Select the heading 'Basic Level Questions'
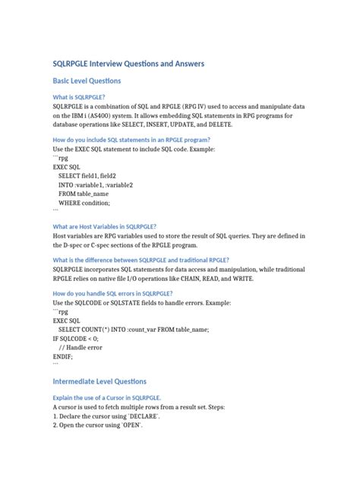click(x=87, y=81)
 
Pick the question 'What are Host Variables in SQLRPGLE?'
click(x=105, y=226)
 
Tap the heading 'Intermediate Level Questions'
click(x=99, y=381)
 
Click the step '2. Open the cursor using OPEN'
click(x=98, y=425)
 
